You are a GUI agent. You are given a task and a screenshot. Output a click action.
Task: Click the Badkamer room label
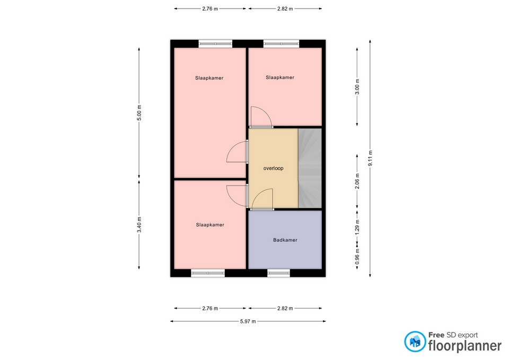click(285, 240)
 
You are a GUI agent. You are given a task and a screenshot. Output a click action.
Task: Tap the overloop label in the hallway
click(274, 168)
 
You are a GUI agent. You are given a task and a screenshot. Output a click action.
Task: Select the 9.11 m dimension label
click(370, 158)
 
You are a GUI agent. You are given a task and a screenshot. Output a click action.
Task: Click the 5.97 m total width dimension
click(248, 321)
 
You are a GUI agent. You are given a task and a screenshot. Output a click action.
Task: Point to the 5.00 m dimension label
click(139, 112)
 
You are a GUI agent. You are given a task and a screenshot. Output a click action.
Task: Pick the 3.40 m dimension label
click(139, 225)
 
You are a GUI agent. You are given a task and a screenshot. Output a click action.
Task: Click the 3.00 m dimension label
click(357, 86)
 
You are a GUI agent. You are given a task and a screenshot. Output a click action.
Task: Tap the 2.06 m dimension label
click(357, 181)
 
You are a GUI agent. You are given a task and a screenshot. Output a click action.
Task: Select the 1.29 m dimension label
click(357, 227)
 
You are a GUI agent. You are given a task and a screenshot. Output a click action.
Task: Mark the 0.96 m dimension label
click(357, 257)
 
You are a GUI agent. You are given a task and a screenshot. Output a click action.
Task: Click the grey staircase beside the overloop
click(310, 168)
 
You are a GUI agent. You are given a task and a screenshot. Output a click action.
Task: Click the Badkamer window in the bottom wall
click(278, 273)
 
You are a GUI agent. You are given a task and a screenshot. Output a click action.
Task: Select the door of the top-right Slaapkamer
click(261, 117)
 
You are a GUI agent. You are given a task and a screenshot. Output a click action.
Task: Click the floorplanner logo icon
click(415, 341)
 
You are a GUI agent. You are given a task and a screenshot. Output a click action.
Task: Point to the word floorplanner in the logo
click(465, 345)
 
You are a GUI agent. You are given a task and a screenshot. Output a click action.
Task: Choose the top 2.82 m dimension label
click(285, 9)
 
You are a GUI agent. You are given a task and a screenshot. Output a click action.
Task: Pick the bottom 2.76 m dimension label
click(210, 309)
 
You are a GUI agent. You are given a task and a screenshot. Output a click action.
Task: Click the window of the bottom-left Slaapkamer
click(208, 273)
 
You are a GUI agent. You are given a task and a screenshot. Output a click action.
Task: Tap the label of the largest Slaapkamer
click(209, 78)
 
